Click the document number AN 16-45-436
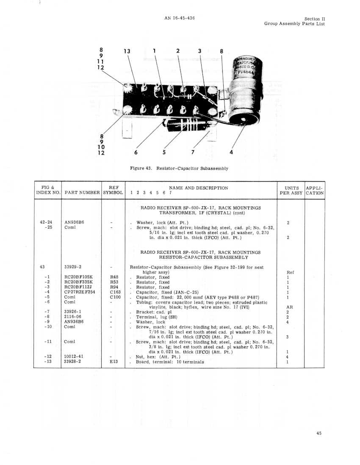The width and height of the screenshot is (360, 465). click(180, 18)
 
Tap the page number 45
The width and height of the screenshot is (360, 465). click(319, 433)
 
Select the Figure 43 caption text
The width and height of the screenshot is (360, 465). click(179, 169)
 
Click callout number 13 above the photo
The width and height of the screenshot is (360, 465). click(127, 51)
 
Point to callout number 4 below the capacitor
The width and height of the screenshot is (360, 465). click(231, 152)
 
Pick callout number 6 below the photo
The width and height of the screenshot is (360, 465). click(136, 152)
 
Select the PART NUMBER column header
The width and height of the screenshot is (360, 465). click(82, 192)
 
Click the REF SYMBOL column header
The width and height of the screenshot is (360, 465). click(113, 190)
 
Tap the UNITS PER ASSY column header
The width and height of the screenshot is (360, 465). click(291, 191)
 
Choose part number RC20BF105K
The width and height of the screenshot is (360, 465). click(79, 277)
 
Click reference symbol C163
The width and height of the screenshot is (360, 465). click(115, 292)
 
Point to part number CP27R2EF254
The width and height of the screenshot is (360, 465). click(80, 292)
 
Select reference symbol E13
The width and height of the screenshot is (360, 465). click(114, 362)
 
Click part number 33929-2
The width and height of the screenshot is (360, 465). click(73, 267)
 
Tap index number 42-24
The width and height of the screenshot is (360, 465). click(46, 222)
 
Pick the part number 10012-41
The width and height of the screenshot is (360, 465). click(74, 357)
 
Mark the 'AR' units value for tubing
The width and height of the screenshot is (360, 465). click(289, 307)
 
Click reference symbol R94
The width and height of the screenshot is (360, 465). click(114, 287)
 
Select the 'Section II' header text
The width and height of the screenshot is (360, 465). click(315, 19)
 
